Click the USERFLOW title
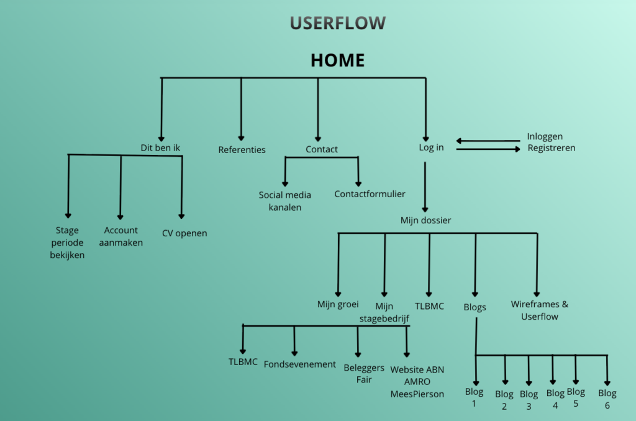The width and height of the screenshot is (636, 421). click(x=337, y=24)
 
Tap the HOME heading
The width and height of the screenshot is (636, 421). click(x=337, y=60)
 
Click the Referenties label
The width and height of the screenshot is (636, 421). click(x=242, y=150)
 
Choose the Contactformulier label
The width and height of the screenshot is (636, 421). click(x=370, y=194)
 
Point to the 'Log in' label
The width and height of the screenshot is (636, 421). click(x=431, y=148)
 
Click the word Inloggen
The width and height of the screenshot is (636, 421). click(x=545, y=136)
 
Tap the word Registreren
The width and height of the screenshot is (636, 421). click(x=552, y=148)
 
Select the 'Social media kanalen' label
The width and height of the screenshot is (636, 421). click(x=285, y=201)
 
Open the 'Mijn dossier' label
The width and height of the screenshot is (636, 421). click(x=425, y=220)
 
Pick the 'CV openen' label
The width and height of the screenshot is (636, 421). click(x=184, y=233)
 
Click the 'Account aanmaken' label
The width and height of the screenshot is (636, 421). click(x=121, y=236)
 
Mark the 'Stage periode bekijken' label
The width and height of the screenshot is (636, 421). click(x=67, y=243)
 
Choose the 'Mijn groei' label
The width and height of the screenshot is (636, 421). click(x=338, y=305)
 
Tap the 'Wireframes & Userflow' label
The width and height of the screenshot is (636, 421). click(x=539, y=310)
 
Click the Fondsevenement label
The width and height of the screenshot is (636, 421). click(x=300, y=364)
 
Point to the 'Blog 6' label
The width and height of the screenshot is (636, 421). click(x=607, y=399)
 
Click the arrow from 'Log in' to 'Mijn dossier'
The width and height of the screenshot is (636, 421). click(x=425, y=187)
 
